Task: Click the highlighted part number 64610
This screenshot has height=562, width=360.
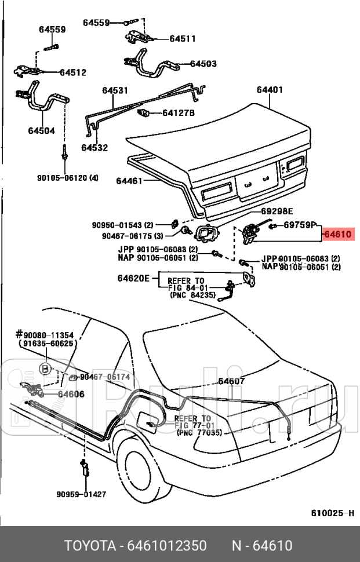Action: pyautogui.click(x=337, y=235)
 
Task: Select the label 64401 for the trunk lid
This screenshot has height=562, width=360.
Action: pyautogui.click(x=270, y=90)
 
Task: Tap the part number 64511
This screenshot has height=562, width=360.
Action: pyautogui.click(x=182, y=39)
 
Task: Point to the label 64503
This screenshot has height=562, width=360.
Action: pyautogui.click(x=203, y=64)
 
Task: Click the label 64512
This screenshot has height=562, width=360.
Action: pyautogui.click(x=72, y=72)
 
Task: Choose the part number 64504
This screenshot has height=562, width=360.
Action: pyautogui.click(x=41, y=130)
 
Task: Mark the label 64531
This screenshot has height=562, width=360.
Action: pyautogui.click(x=115, y=90)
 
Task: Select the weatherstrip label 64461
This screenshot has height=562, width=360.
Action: pyautogui.click(x=129, y=181)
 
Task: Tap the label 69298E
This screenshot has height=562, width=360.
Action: pyautogui.click(x=277, y=211)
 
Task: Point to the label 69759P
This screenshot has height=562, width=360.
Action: pyautogui.click(x=300, y=224)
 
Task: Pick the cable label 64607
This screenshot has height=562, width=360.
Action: pyautogui.click(x=231, y=381)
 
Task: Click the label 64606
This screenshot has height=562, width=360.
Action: pyautogui.click(x=71, y=394)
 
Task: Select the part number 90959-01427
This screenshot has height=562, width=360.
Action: pyautogui.click(x=81, y=494)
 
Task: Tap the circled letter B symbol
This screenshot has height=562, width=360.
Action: pyautogui.click(x=45, y=368)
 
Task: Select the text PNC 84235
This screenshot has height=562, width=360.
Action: pyautogui.click(x=192, y=295)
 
